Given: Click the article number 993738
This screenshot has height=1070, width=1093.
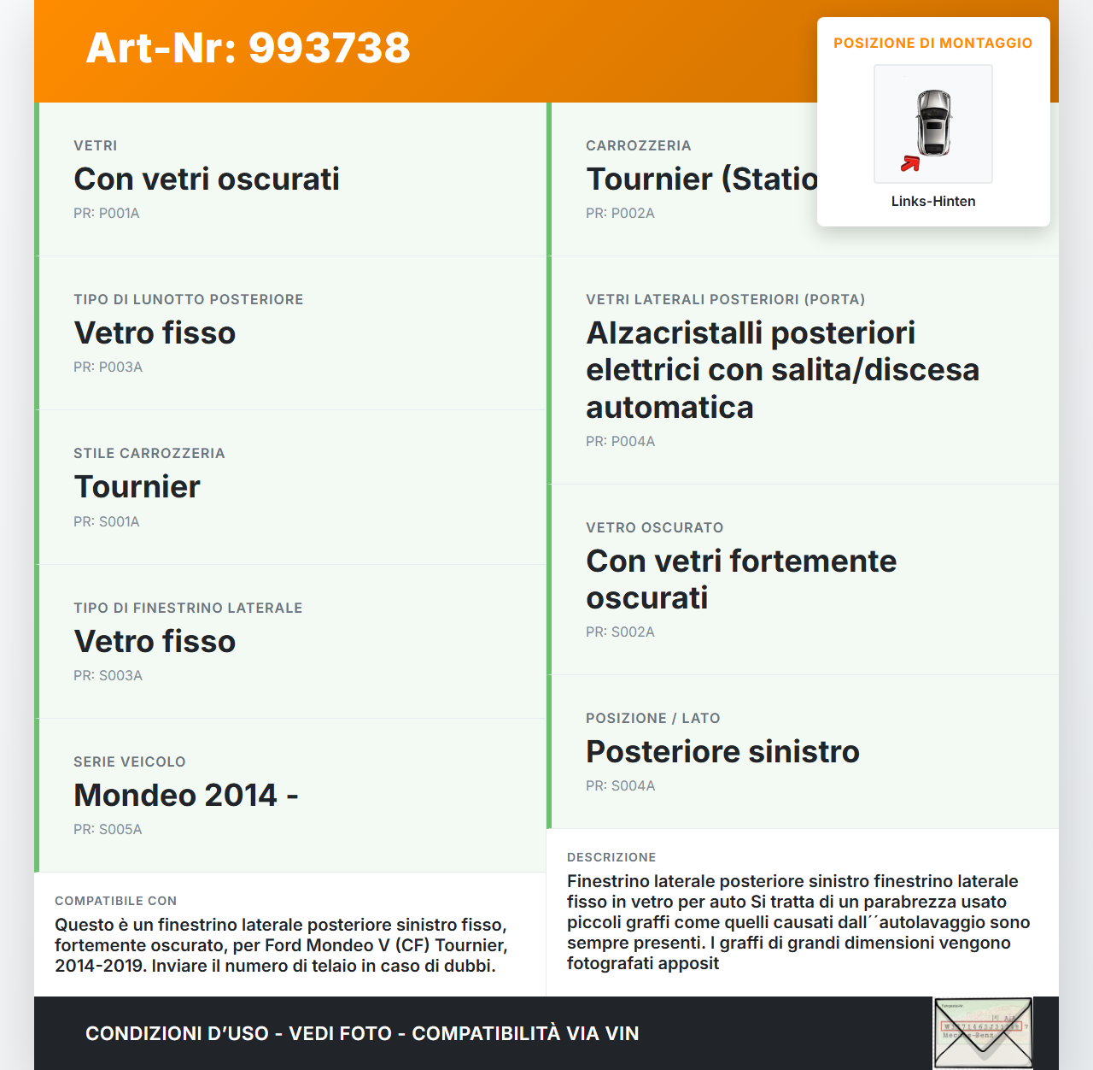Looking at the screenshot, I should (329, 48).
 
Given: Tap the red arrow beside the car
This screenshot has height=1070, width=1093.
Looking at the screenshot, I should (910, 163).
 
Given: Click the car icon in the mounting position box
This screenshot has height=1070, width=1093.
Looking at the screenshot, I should (934, 122).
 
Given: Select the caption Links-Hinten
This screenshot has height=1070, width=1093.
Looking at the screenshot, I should (932, 201).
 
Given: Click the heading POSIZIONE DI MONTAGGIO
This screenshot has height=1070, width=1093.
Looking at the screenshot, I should (932, 43).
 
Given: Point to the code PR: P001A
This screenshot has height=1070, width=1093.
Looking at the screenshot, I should (106, 214).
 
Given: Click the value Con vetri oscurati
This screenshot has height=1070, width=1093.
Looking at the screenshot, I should (207, 179).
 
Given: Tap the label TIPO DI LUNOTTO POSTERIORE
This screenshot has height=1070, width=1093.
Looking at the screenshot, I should (188, 299).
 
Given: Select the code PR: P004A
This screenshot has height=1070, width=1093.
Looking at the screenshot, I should (620, 442).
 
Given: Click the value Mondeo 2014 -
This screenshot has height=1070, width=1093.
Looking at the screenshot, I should (185, 796).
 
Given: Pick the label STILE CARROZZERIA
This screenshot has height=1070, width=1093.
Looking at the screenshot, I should (149, 453).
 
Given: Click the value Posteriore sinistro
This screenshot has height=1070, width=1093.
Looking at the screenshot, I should (722, 752).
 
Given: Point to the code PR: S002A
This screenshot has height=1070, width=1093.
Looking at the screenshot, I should (620, 632).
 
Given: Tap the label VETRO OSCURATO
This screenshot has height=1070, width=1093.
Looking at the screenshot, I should (654, 527).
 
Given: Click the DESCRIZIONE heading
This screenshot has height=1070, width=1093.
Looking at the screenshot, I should (611, 857).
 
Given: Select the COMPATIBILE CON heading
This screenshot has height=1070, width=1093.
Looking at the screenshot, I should (115, 901).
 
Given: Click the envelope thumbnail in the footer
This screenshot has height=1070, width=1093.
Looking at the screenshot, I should (983, 1032).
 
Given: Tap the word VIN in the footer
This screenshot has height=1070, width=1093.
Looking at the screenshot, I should (622, 1033).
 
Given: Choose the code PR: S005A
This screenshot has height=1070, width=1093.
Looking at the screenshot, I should (108, 830).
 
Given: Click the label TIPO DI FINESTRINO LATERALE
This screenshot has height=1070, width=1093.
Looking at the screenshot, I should (188, 608).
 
